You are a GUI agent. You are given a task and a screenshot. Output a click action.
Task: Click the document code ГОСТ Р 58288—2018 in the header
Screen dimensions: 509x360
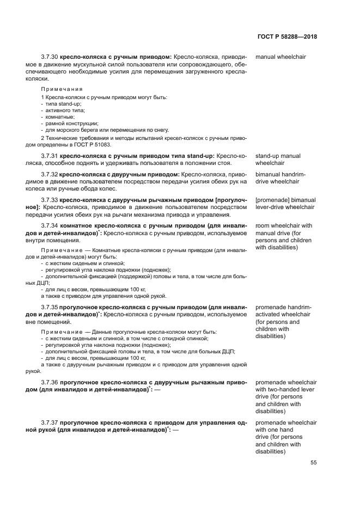286,37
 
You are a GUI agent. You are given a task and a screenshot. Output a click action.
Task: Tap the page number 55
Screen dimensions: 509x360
313,463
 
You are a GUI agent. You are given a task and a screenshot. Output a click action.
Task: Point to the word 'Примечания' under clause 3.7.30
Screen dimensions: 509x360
62,88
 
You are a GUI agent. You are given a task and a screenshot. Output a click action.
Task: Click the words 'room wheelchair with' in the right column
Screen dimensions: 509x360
283,225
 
